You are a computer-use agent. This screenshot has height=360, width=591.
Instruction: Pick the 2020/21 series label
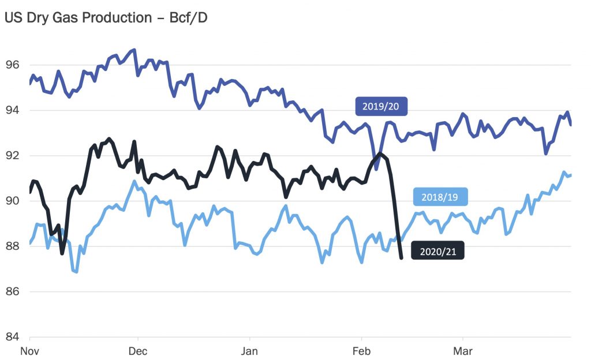tap(437, 251)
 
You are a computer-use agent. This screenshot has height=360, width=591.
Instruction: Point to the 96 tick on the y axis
tap(12, 65)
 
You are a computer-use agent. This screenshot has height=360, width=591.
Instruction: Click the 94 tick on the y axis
tap(12, 110)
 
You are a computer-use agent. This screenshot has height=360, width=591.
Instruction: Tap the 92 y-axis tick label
tap(12, 156)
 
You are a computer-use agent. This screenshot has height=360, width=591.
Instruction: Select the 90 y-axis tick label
tap(12, 201)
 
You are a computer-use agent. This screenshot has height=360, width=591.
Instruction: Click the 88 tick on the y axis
tap(12, 246)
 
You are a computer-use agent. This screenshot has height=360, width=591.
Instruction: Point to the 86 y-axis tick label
tap(12, 292)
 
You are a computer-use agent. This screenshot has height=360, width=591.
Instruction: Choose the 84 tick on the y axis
tap(12, 337)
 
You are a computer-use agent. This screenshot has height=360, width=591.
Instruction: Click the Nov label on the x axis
tap(29, 351)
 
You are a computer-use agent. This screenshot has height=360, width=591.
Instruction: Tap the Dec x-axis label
tap(138, 351)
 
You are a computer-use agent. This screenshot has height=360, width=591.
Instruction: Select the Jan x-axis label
tap(249, 351)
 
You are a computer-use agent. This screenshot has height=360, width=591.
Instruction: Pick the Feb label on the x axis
tap(361, 351)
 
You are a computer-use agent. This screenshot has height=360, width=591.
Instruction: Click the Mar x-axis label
tap(463, 351)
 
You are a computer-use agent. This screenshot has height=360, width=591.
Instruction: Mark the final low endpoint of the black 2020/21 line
tap(401, 257)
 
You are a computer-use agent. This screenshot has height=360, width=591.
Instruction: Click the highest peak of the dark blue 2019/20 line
tap(134, 50)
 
